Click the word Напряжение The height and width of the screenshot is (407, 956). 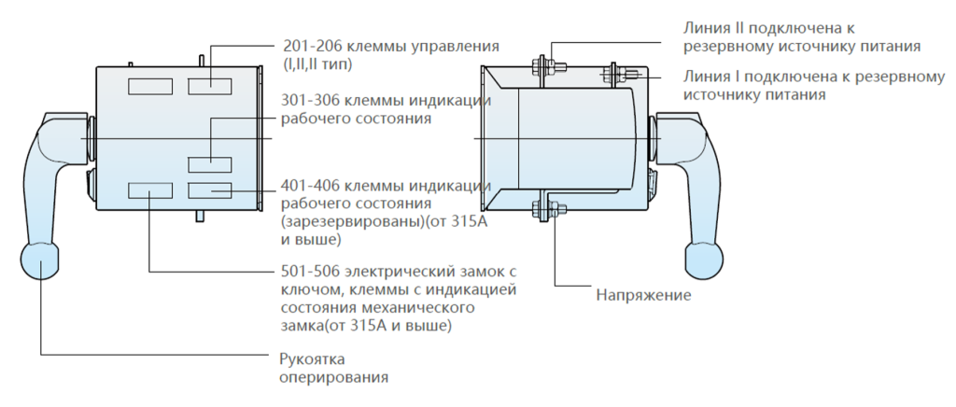coord(644,296)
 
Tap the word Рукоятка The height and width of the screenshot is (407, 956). coord(313,360)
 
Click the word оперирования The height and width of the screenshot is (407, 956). coord(334,377)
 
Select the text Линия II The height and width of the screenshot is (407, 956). coord(713,28)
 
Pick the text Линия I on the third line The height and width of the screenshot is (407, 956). coord(711,77)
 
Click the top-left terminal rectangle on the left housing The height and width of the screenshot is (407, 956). coord(149,86)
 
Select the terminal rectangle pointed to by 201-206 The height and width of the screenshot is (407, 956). coord(209,86)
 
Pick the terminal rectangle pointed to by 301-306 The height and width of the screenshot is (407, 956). coord(209,164)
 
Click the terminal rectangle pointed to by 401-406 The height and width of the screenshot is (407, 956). coord(209,190)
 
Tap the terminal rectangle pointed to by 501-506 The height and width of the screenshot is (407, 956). coord(149,190)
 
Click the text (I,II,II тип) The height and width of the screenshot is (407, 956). coord(317,63)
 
